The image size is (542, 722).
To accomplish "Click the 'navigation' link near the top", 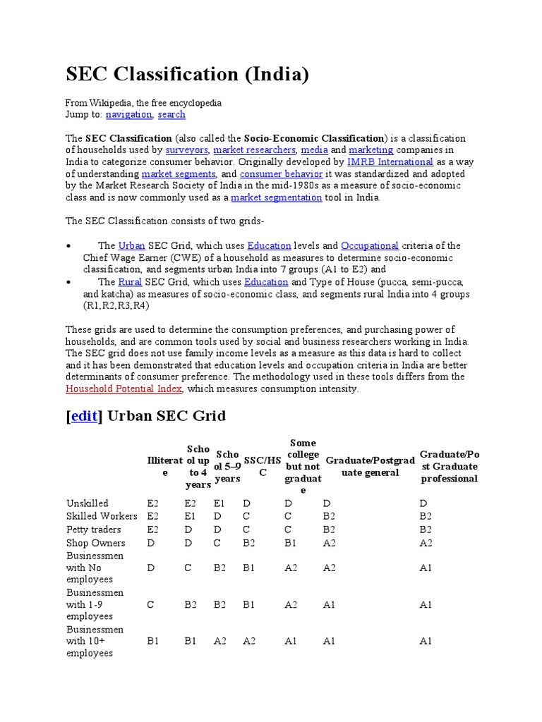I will [x=129, y=114].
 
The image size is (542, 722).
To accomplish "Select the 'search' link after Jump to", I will [x=171, y=114].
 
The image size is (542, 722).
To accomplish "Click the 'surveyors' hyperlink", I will [x=187, y=150].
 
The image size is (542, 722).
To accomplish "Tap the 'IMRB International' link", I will [x=390, y=162].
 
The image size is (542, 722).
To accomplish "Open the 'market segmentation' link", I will [x=277, y=198].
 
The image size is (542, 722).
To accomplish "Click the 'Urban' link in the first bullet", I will [x=132, y=246].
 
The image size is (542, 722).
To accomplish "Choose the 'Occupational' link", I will [x=370, y=246].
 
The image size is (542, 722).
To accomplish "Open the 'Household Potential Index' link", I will [x=124, y=389].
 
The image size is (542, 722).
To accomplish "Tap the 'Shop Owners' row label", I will [x=96, y=543].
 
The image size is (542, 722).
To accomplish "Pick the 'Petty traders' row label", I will [x=94, y=530].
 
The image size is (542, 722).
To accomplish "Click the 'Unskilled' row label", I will [x=88, y=503].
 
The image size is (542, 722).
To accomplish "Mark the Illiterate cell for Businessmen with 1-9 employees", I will [x=151, y=604].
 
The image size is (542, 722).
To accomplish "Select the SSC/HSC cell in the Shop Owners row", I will [x=249, y=543].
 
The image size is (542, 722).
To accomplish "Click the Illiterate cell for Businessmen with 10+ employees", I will [x=153, y=641].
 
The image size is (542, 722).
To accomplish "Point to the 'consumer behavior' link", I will [x=281, y=174].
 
